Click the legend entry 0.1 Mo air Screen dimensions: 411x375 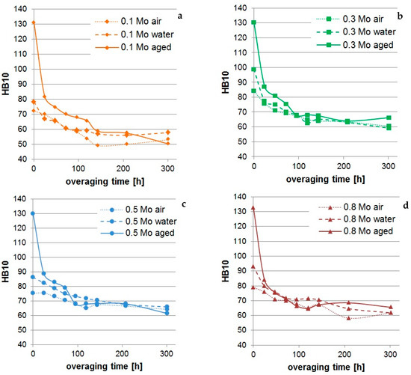[x=129, y=21]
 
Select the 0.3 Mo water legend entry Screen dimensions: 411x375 [x=356, y=32]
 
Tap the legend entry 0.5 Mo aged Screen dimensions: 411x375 [x=137, y=233]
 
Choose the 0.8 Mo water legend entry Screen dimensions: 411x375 [x=357, y=219]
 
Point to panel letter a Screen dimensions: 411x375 [x=180, y=16]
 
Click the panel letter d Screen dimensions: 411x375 [x=406, y=205]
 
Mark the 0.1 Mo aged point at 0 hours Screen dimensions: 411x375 [x=34, y=22]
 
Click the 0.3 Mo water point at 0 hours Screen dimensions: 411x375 [x=254, y=70]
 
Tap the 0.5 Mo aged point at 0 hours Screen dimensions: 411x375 [x=33, y=213]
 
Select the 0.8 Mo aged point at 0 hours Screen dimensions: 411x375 [x=253, y=208]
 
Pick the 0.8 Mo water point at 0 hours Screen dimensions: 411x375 [x=253, y=266]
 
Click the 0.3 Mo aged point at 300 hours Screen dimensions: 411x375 [x=389, y=118]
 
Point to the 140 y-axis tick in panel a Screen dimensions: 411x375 [x=20, y=9]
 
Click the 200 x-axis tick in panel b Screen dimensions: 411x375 [x=344, y=166]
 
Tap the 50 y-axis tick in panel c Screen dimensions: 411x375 [x=22, y=330]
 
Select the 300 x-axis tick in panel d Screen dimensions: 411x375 [x=390, y=354]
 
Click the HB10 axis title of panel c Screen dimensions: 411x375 [x=5, y=272]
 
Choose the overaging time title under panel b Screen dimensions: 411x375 [x=325, y=180]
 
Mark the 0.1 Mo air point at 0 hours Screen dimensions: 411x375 [x=34, y=111]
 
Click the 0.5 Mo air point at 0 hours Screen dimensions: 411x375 [x=33, y=293]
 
